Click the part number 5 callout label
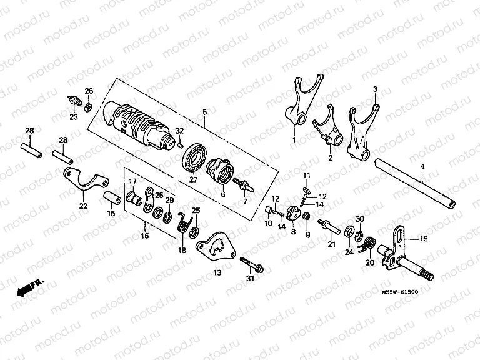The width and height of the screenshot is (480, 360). (204, 112)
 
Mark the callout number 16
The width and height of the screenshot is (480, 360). (144, 236)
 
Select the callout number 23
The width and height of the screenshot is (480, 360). (74, 117)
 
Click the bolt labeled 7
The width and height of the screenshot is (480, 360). (242, 185)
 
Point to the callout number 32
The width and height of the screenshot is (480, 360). (180, 131)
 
